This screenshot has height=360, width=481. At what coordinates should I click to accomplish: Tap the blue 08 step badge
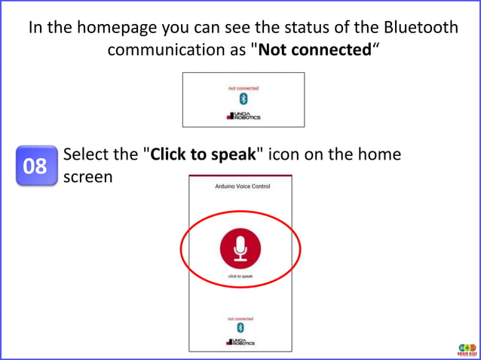click(x=35, y=166)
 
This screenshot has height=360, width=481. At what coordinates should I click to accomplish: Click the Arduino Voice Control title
click(x=242, y=186)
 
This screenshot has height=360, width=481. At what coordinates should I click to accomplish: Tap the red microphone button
click(x=240, y=248)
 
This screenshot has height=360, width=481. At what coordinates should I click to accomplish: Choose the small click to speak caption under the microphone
click(x=240, y=276)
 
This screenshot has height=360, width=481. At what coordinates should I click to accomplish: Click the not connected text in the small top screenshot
click(x=243, y=88)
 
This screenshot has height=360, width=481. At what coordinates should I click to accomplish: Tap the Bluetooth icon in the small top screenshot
click(x=243, y=99)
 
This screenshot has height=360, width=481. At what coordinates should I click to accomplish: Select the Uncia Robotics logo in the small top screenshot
click(x=243, y=116)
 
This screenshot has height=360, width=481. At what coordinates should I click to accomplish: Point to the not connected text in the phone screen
click(x=240, y=319)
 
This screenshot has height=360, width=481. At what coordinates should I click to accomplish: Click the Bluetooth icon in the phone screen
click(x=240, y=328)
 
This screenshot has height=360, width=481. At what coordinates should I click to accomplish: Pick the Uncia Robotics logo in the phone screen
click(x=240, y=343)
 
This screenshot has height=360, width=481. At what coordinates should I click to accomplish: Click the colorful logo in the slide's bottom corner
click(x=467, y=349)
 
